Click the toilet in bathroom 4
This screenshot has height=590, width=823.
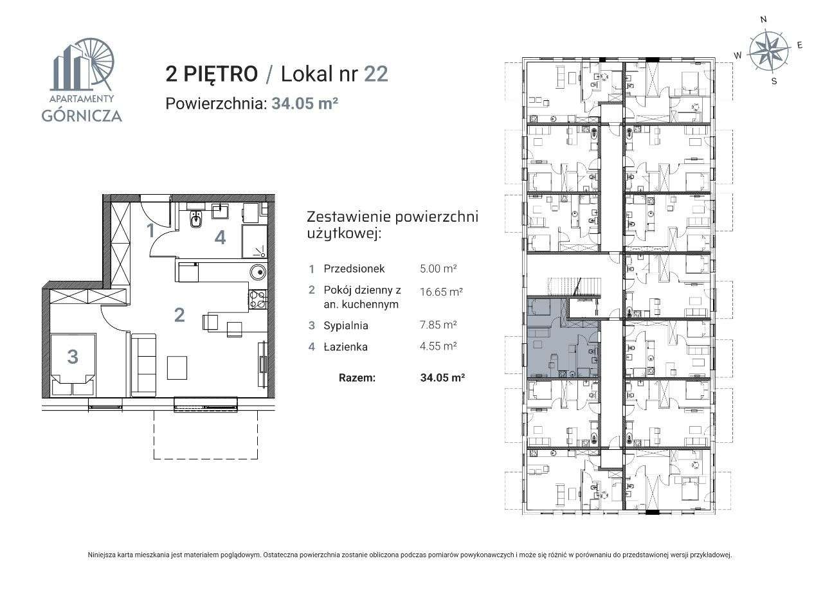(195, 220)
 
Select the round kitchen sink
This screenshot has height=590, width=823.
(257, 271)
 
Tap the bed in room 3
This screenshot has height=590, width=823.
(73, 364)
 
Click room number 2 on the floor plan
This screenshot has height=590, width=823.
(179, 315)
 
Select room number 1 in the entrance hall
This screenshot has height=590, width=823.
(150, 230)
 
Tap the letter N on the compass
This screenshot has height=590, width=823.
(763, 20)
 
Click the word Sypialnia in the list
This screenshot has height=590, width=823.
(347, 325)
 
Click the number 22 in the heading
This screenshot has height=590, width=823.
(375, 74)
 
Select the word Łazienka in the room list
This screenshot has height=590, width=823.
(346, 347)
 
